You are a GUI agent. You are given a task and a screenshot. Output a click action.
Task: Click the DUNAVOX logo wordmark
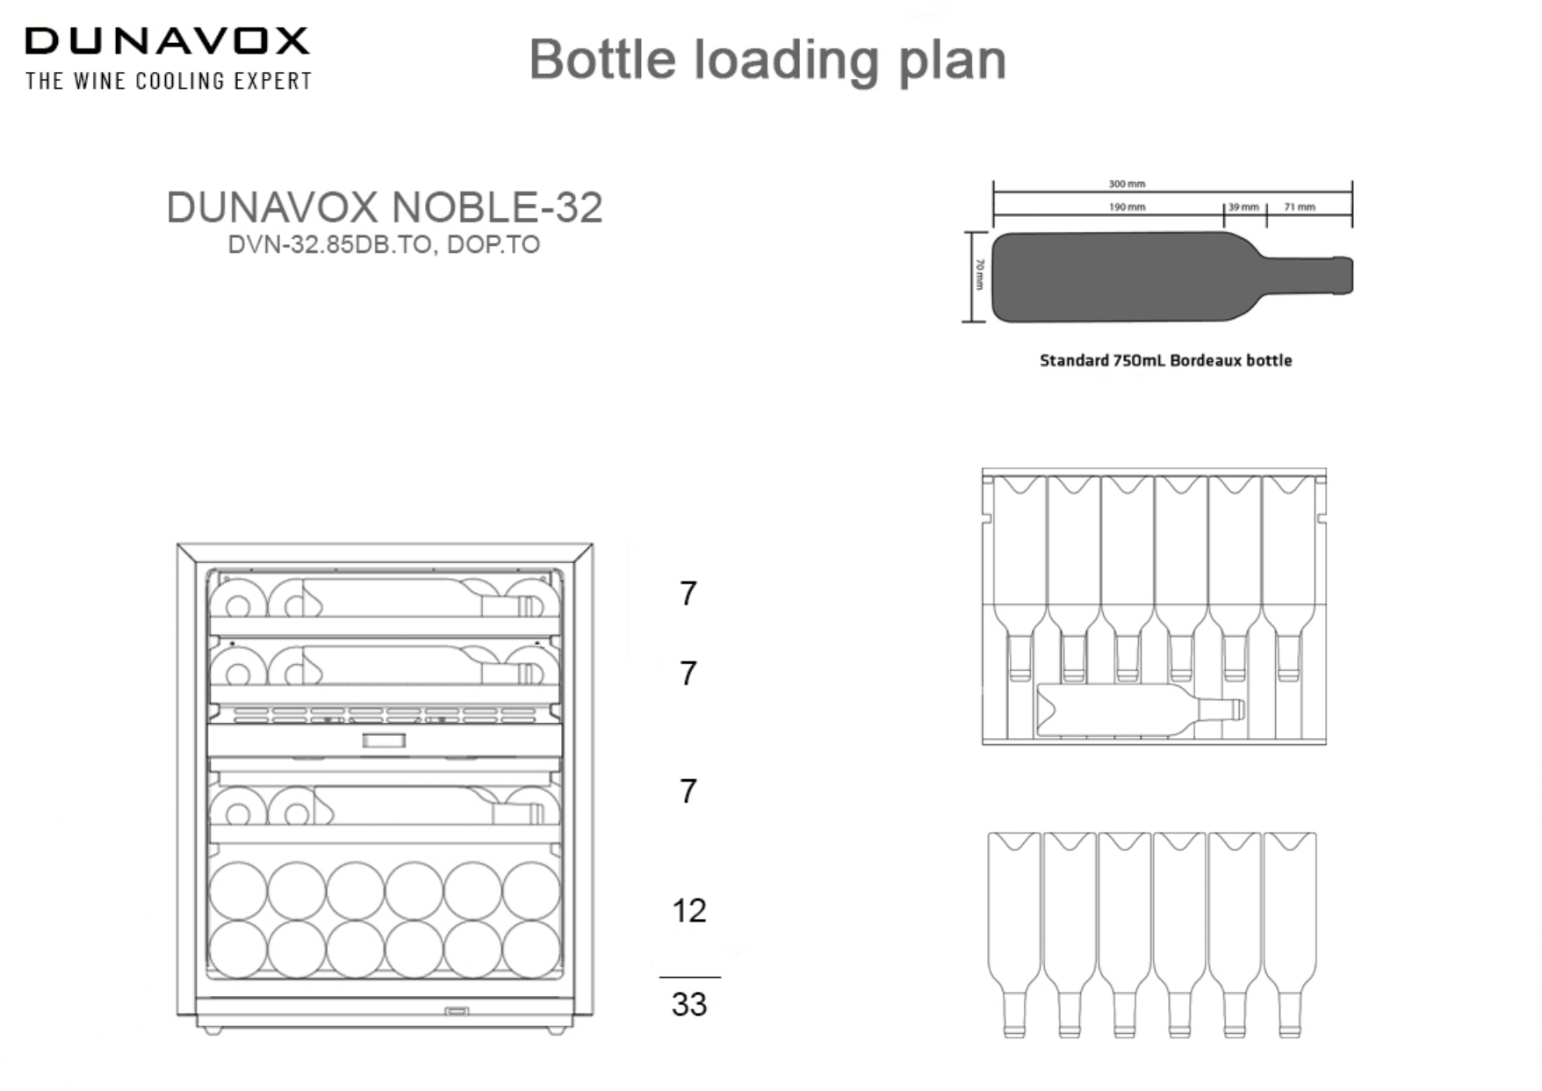167,41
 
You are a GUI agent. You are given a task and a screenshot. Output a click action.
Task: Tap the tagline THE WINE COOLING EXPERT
169,81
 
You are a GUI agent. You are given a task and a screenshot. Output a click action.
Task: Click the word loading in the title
786,61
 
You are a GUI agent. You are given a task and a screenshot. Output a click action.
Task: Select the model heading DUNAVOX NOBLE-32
384,208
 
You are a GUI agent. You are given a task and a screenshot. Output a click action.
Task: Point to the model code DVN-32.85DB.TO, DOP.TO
384,244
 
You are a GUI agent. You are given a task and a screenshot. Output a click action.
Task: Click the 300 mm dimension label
1127,184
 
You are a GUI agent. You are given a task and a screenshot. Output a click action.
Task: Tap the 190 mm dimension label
1127,207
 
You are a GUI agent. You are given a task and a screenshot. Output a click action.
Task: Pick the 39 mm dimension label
1243,207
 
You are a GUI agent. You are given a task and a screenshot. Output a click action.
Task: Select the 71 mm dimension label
1300,207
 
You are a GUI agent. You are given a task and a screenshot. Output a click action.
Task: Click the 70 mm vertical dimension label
980,276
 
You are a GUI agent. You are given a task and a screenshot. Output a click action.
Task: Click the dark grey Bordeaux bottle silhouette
1142,277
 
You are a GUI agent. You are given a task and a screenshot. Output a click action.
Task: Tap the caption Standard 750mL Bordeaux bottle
1165,360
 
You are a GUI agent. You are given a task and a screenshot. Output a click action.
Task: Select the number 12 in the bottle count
688,911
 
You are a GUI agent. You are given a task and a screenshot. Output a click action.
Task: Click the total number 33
688,1004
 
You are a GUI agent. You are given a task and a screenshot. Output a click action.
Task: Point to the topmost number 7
688,595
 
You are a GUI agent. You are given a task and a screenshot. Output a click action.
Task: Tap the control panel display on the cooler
384,741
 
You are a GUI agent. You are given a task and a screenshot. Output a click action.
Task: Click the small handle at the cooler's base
457,1011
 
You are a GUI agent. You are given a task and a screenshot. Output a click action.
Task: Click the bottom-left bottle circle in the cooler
238,949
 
